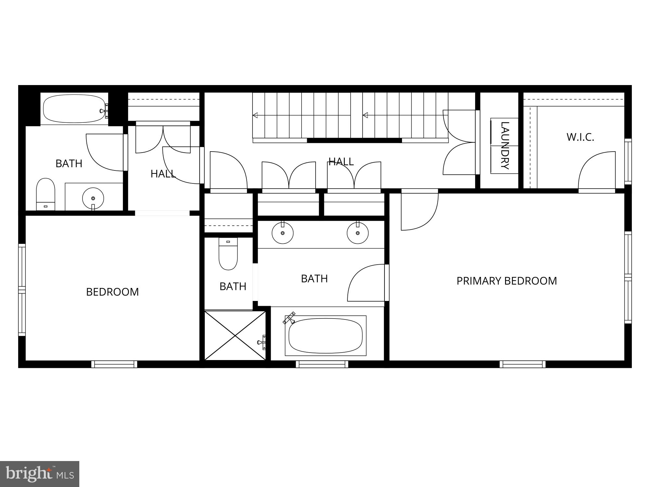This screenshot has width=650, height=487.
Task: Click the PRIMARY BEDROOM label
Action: click(x=506, y=281)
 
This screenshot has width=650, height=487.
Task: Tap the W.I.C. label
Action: click(x=580, y=137)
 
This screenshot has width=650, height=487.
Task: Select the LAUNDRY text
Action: click(x=504, y=145)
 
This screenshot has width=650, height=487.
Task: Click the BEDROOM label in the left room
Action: click(x=112, y=292)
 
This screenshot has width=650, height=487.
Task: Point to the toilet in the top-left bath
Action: click(x=45, y=194)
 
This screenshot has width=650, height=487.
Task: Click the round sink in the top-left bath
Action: click(x=93, y=198)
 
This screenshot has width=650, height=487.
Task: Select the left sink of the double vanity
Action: click(x=282, y=233)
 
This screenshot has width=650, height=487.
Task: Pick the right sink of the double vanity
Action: click(x=357, y=233)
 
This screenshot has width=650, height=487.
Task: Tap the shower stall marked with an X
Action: click(x=235, y=335)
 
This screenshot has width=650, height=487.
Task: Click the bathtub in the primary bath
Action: click(x=325, y=336)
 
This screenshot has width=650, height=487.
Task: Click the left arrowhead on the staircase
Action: click(x=255, y=115)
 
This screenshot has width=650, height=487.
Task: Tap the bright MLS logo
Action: click(x=39, y=474)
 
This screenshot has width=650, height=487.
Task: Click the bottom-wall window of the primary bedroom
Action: click(x=522, y=364)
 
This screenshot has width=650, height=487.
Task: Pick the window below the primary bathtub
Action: click(x=322, y=364)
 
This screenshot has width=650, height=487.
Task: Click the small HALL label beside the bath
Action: click(x=163, y=174)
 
